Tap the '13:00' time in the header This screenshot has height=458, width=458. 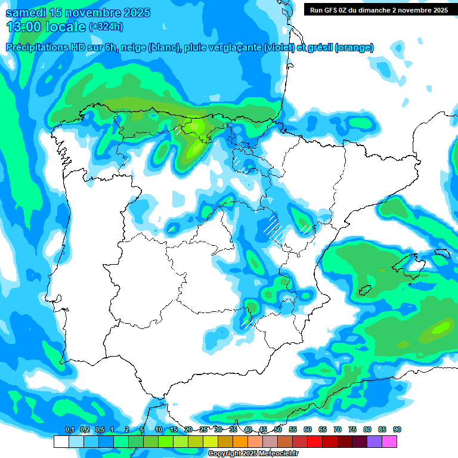pos(24,26)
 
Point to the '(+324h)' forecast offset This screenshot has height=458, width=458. pos(106,27)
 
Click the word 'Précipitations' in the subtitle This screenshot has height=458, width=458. pos(41,48)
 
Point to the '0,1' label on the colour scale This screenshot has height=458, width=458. pos(69,430)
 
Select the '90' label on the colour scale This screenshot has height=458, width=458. pos(397,430)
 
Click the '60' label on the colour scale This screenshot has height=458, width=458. pos(308,430)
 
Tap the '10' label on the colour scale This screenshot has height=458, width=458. pos(159,430)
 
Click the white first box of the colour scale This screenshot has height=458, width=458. pos(61,442)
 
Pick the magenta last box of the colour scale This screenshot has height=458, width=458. pos(389,442)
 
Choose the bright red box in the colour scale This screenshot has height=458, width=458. pos(315,442)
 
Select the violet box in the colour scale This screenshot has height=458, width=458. pos(375,442)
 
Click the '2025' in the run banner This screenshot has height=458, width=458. pos(438,10)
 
